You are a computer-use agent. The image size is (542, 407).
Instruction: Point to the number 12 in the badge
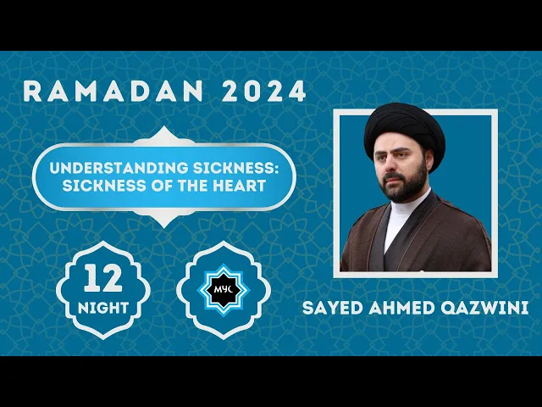102,278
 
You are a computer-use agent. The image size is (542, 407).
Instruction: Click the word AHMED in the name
405,309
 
